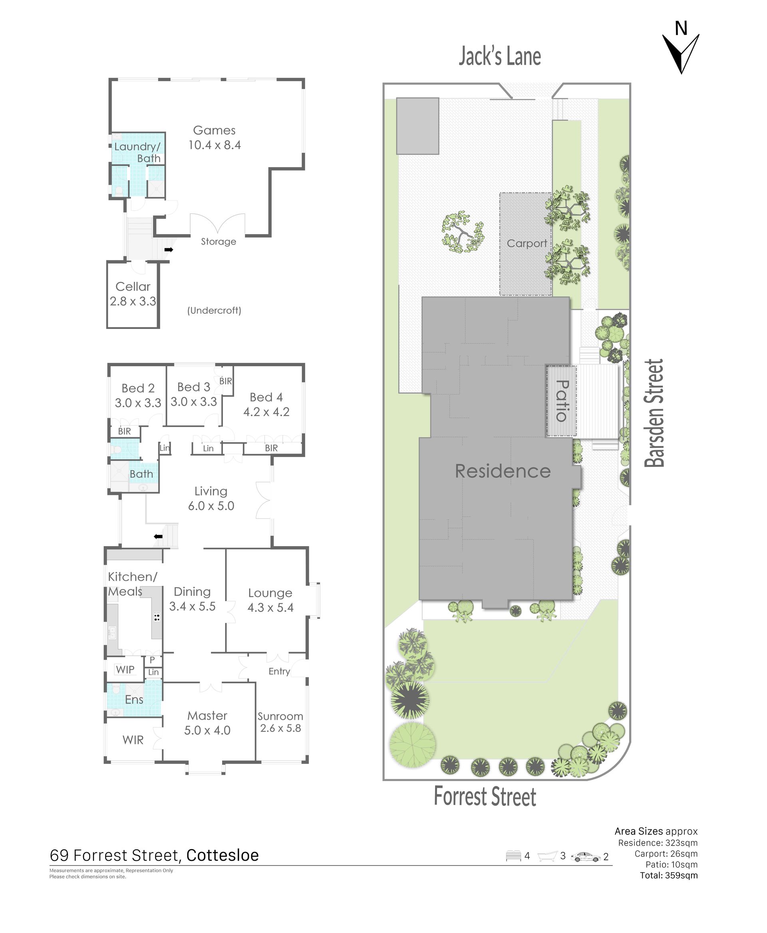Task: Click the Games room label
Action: pyautogui.click(x=214, y=130)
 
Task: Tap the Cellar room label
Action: pyautogui.click(x=133, y=287)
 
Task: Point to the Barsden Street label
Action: pyautogui.click(x=654, y=413)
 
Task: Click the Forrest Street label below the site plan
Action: pyautogui.click(x=485, y=796)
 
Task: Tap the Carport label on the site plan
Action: pyautogui.click(x=527, y=243)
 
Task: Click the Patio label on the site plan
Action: pyautogui.click(x=562, y=401)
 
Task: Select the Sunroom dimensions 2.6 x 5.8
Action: pyautogui.click(x=280, y=728)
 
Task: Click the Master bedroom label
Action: pyautogui.click(x=207, y=716)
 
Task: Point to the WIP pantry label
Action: pyautogui.click(x=125, y=670)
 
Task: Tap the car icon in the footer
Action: pyautogui.click(x=586, y=857)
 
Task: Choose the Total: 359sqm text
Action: pyautogui.click(x=669, y=875)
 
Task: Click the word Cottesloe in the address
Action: pyautogui.click(x=223, y=855)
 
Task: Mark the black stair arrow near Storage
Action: pyautogui.click(x=169, y=250)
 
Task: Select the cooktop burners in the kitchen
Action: pyautogui.click(x=157, y=617)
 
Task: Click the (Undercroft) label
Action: pyautogui.click(x=214, y=311)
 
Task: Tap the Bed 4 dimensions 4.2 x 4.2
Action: pyautogui.click(x=266, y=412)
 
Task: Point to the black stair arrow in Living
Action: pyautogui.click(x=158, y=537)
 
